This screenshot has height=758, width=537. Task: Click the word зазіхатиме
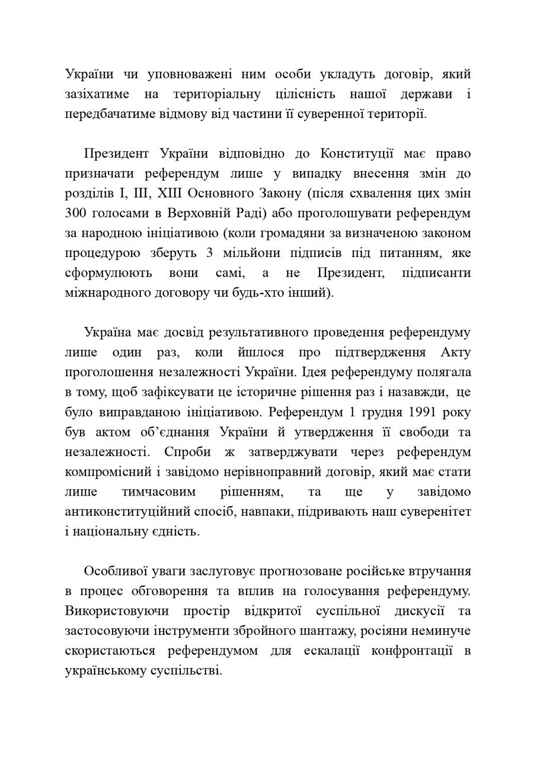[x=94, y=94]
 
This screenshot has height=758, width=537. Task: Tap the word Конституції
[x=357, y=154]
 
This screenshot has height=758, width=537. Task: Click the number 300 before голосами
[x=76, y=213]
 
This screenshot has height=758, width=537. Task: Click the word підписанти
[x=436, y=273]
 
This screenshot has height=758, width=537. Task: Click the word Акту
[x=456, y=352]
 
